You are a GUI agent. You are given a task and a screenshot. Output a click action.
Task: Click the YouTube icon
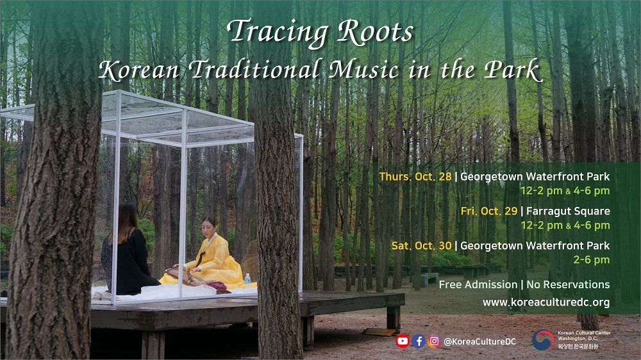click(x=403, y=341)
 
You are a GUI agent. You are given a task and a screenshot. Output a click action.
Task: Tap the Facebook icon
click(x=418, y=341)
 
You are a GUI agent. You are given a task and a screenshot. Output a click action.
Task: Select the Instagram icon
click(x=434, y=341)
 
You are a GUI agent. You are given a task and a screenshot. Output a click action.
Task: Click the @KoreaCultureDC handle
click(x=479, y=341)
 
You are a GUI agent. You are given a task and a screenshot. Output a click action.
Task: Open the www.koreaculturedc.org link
click(x=546, y=302)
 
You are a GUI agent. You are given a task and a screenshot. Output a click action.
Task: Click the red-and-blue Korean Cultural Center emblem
click(x=543, y=340)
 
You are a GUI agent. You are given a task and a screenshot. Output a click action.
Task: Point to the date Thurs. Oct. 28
click(x=415, y=177)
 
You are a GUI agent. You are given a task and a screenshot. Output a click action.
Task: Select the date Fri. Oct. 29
click(x=489, y=211)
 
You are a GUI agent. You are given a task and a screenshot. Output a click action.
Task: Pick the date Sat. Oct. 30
click(x=422, y=245)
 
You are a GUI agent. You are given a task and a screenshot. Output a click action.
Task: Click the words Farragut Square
click(x=568, y=211)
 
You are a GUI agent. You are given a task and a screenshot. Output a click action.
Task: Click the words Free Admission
click(x=478, y=284)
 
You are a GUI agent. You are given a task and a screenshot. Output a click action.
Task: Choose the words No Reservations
click(x=568, y=284)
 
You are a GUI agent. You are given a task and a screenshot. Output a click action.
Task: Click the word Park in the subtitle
click(x=513, y=69)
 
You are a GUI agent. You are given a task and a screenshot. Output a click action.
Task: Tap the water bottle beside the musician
click(x=247, y=279)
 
